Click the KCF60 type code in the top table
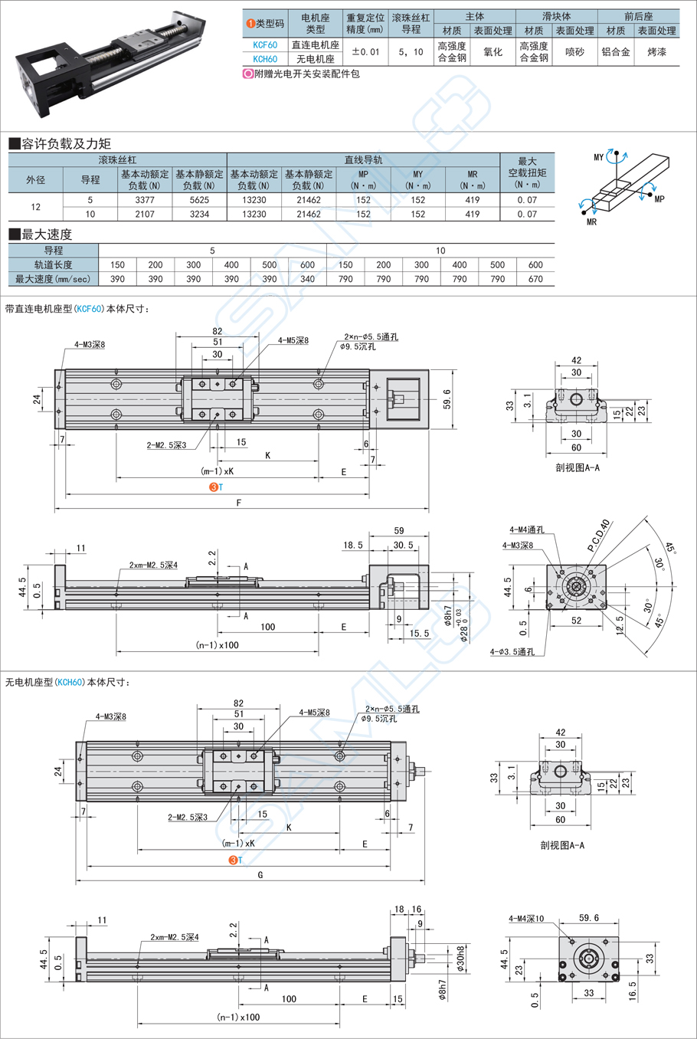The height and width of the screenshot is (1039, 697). click(x=265, y=45)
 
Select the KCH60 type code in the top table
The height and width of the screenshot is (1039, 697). click(x=265, y=59)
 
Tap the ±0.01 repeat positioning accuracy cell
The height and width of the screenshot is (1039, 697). click(x=365, y=52)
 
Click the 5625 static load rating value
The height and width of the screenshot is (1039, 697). click(x=199, y=200)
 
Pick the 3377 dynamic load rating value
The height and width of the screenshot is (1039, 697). click(x=145, y=200)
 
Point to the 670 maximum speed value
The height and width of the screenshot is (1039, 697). click(x=535, y=279)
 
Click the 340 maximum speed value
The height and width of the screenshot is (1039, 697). click(x=307, y=279)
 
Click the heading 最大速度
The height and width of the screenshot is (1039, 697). click(x=46, y=234)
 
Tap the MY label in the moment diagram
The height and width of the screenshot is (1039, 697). click(x=598, y=157)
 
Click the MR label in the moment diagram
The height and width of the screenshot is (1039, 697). click(x=591, y=222)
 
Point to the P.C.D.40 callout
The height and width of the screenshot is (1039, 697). click(x=599, y=536)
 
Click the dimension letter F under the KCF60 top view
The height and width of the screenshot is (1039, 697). click(x=239, y=503)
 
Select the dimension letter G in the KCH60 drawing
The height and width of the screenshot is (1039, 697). click(x=260, y=874)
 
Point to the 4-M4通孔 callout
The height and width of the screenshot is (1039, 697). click(x=527, y=529)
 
